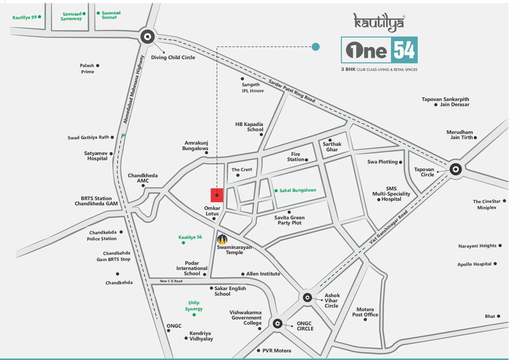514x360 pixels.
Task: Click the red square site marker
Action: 217,195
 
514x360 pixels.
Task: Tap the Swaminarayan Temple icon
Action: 222,240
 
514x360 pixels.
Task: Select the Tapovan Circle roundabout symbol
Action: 455,170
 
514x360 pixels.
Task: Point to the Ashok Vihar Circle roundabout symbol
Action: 307,297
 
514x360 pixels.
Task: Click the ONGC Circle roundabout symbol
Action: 277,323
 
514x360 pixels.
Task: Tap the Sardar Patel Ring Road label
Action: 292,91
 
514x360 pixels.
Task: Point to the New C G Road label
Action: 171,281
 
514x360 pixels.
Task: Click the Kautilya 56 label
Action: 190,237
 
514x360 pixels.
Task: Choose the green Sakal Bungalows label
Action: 297,190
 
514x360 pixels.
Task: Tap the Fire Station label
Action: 295,157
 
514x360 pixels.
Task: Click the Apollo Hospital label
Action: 474,264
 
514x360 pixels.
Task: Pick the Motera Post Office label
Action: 365,312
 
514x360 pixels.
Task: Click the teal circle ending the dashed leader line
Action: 316,46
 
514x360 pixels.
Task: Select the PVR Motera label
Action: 277,351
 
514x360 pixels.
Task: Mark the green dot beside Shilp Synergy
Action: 194,315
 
